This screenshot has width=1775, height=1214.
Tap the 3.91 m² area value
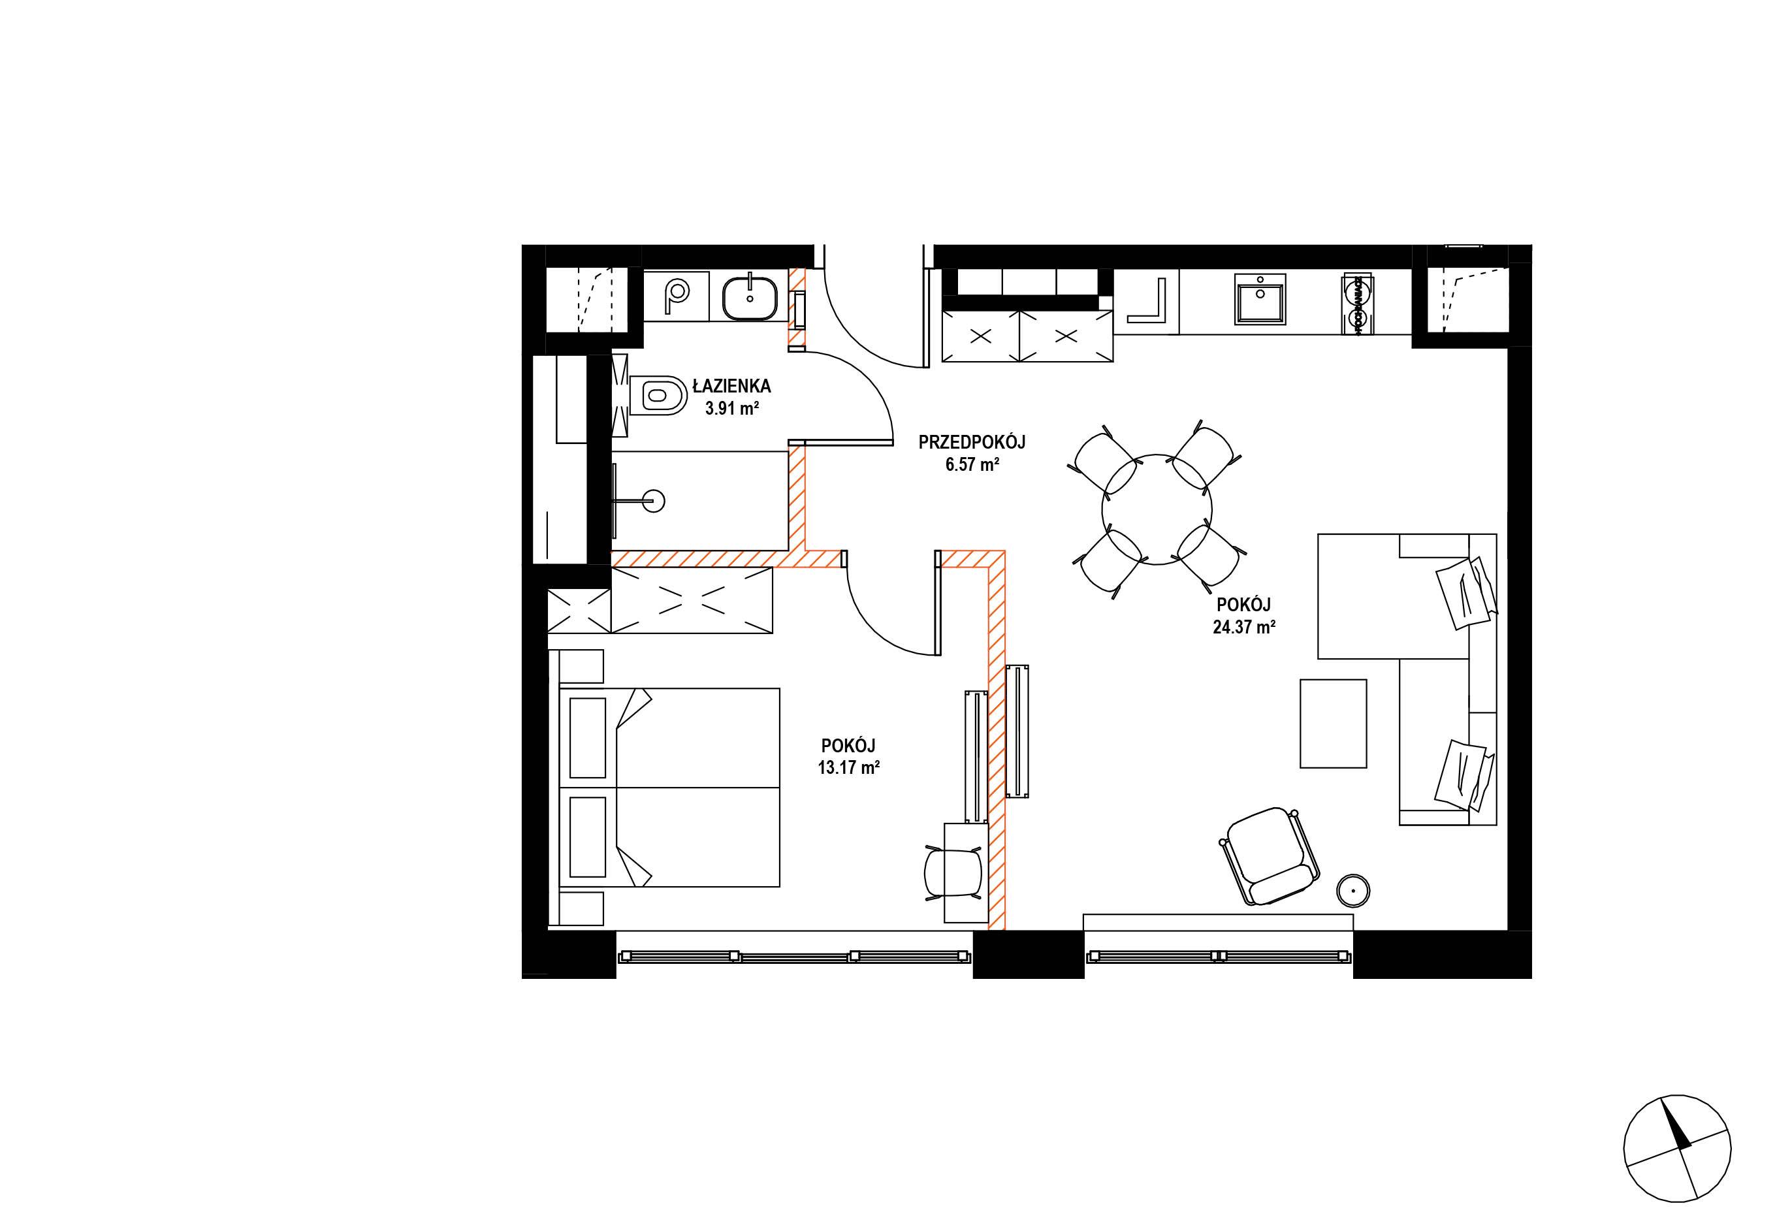click(x=731, y=409)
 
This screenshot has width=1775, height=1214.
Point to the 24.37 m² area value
click(x=1244, y=628)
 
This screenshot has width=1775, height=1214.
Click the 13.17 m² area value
click(x=848, y=768)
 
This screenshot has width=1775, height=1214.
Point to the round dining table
click(x=1157, y=509)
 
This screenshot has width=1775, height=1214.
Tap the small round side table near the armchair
click(x=1352, y=891)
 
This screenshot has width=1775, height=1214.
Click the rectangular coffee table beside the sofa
click(x=1333, y=724)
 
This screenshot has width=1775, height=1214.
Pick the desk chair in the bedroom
click(x=953, y=872)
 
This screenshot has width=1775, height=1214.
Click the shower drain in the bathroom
click(x=654, y=502)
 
